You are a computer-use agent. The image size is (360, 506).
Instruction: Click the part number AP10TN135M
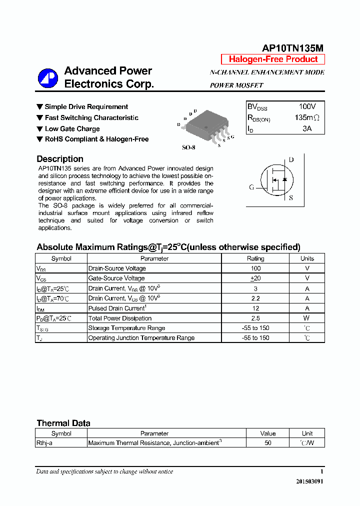[292, 48]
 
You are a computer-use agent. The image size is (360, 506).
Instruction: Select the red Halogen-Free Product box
[273, 59]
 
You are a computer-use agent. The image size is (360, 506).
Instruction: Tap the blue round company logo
[48, 77]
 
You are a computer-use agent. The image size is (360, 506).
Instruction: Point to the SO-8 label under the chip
[188, 148]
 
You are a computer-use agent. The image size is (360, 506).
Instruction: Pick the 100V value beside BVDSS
[307, 107]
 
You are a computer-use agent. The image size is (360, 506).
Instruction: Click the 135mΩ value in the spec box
[306, 118]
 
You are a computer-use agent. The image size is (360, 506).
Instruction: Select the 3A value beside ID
[307, 128]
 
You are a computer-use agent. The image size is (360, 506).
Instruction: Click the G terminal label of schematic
[251, 187]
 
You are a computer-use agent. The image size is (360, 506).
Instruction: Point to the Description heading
[60, 159]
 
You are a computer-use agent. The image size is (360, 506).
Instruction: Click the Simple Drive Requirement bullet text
[86, 107]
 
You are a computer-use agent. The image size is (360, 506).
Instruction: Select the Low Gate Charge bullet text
[72, 128]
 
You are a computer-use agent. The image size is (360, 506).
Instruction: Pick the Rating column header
[255, 258]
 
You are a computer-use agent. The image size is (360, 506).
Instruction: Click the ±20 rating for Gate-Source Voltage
[255, 278]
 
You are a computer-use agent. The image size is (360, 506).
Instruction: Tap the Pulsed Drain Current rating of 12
[255, 308]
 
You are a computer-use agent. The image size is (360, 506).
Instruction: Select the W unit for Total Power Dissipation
[307, 318]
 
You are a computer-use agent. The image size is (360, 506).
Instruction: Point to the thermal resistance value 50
[268, 443]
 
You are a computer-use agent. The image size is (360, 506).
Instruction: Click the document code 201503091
[309, 481]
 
